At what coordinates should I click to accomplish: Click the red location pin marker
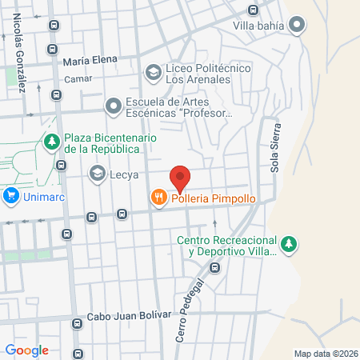pyautogui.click(x=180, y=178)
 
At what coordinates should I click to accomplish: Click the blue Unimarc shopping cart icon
pyautogui.click(x=11, y=195)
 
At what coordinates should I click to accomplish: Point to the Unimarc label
pyautogui.click(x=44, y=195)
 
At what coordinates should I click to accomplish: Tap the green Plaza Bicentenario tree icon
pyautogui.click(x=52, y=142)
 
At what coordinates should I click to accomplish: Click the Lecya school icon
pyautogui.click(x=98, y=173)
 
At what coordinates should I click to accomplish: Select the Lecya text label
pyautogui.click(x=124, y=174)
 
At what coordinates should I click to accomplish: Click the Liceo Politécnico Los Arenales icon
pyautogui.click(x=152, y=73)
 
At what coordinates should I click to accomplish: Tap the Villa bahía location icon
pyautogui.click(x=298, y=26)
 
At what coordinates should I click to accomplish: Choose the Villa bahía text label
pyautogui.click(x=258, y=26)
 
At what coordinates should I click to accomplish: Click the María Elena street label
pyautogui.click(x=90, y=59)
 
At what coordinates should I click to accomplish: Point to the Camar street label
pyautogui.click(x=78, y=78)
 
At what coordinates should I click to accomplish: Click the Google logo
pyautogui.click(x=27, y=350)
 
